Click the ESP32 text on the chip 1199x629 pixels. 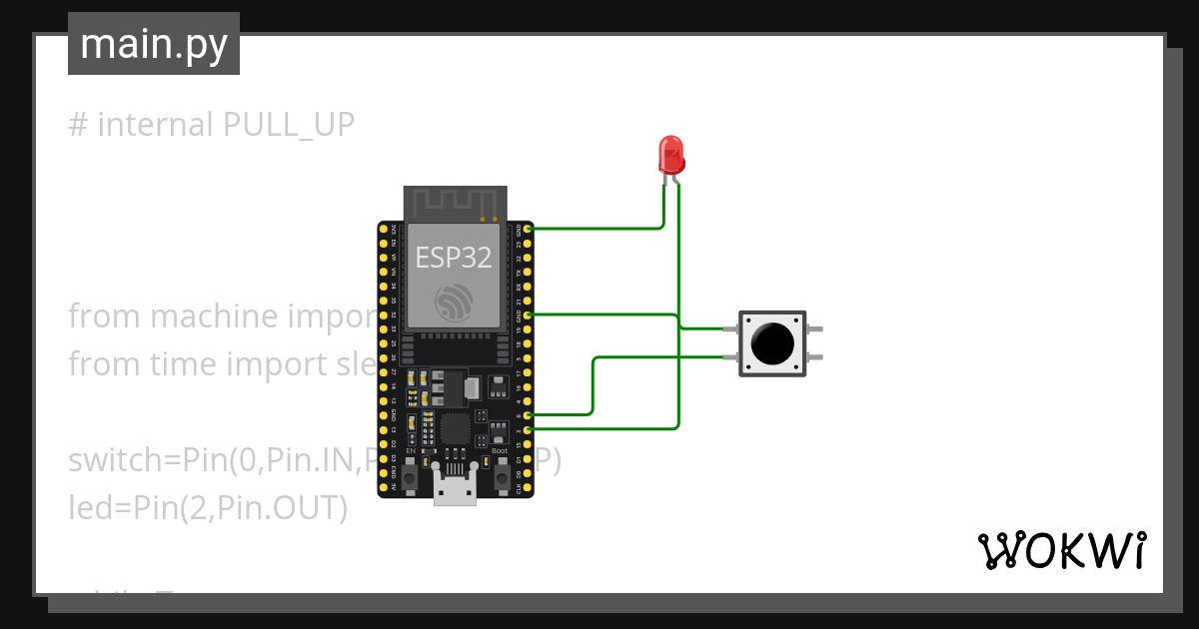click(x=454, y=258)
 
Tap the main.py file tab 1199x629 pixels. click(x=154, y=44)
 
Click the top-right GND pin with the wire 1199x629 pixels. click(x=527, y=229)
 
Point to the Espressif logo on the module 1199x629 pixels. click(x=454, y=304)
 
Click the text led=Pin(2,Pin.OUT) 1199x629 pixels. click(x=208, y=508)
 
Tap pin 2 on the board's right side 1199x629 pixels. click(x=527, y=428)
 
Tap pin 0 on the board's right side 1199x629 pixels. click(x=527, y=413)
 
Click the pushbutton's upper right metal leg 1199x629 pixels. click(x=816, y=328)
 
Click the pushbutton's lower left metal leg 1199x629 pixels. click(x=728, y=356)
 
